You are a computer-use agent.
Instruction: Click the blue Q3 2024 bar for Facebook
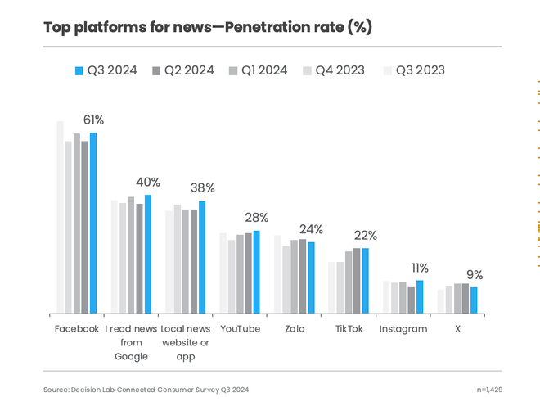coord(93,223)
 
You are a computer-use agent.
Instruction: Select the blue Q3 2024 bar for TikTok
coord(365,281)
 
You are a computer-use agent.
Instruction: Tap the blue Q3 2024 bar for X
coord(474,300)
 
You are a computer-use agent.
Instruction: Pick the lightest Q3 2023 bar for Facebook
coord(60,217)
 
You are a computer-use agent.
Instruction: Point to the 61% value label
coord(93,120)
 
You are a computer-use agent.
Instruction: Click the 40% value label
coord(148,183)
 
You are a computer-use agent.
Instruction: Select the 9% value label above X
coord(475,275)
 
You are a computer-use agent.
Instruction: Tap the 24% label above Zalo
coord(311,230)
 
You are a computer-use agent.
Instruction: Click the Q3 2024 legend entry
coord(106,70)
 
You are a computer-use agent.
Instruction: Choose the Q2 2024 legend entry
coord(182,70)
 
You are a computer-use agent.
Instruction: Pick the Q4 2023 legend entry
coord(334,70)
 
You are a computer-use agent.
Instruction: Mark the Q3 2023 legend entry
coord(413,70)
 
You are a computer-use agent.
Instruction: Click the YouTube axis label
coord(241,329)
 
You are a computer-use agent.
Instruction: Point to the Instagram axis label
coord(403,329)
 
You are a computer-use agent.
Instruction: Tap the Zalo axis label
coord(295,329)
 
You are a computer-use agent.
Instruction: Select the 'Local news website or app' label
coord(185,342)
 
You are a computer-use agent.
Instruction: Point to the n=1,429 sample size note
coord(489,390)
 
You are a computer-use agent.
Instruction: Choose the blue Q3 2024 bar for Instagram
coord(420,296)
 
